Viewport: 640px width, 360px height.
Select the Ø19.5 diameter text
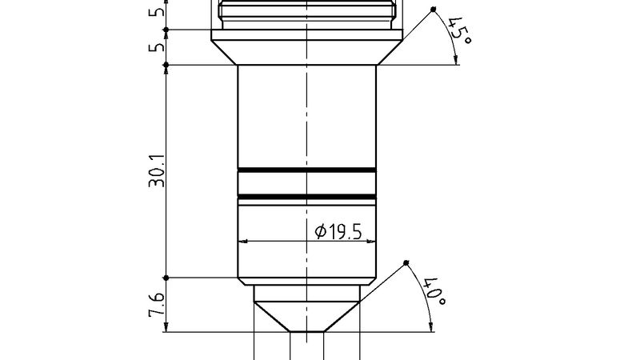(338, 232)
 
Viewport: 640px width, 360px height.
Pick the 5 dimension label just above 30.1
(158, 47)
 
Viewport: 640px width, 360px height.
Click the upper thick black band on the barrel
(307, 170)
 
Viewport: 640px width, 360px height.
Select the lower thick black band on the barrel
(307, 196)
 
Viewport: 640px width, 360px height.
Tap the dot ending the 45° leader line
(433, 10)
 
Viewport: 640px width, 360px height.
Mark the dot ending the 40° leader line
(406, 263)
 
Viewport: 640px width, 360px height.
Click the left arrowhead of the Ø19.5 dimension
(243, 241)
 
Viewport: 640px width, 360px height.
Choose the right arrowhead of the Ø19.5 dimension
(371, 241)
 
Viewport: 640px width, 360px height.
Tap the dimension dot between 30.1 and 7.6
(166, 278)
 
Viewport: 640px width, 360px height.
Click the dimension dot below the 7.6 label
(166, 331)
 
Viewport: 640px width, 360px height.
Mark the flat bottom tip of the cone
(307, 331)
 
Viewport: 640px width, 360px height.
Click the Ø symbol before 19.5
(320, 232)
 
